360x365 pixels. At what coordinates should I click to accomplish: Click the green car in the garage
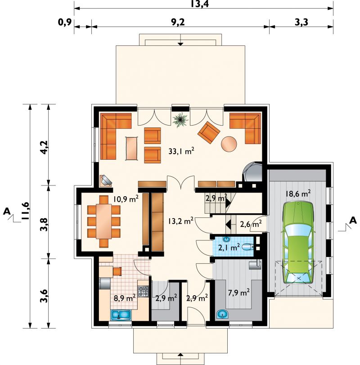point(298,243)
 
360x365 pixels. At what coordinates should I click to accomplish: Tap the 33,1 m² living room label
point(181,151)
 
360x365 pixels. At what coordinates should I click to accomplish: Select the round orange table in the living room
point(229,144)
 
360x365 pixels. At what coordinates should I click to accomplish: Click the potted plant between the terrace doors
point(180,120)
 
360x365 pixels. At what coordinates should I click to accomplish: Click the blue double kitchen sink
point(121,315)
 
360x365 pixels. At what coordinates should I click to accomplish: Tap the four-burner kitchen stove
point(144,292)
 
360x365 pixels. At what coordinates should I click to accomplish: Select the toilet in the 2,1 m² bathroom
point(248,247)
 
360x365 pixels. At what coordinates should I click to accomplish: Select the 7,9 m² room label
point(239,293)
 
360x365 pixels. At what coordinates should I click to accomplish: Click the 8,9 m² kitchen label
point(125,298)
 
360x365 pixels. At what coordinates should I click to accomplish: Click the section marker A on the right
point(353,220)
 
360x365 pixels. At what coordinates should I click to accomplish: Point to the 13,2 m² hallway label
point(181,221)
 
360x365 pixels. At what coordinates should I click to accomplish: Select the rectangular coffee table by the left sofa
point(132,148)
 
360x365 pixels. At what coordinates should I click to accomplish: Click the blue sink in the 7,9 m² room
point(222,315)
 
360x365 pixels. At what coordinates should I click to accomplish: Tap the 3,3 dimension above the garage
point(301,23)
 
